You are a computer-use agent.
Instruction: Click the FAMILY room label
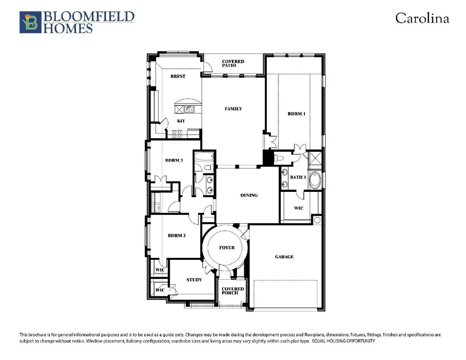233,109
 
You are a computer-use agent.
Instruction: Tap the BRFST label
178,76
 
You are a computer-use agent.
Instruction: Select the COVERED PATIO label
233,63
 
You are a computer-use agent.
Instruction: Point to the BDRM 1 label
296,114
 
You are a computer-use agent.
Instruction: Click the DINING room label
249,195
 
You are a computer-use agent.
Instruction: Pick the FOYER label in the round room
227,248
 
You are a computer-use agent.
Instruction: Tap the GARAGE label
284,257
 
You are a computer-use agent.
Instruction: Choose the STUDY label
194,280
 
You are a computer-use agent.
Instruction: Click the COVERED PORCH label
233,291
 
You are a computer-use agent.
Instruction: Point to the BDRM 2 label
176,235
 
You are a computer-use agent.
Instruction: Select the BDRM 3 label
174,160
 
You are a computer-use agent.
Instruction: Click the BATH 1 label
298,177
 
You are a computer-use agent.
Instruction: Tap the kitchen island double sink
189,110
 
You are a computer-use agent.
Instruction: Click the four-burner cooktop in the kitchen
177,134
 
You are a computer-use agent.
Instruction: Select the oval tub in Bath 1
315,180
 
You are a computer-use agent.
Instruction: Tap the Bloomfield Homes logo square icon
30,22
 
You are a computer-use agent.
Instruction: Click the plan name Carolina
422,18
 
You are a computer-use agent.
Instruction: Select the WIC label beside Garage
299,208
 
